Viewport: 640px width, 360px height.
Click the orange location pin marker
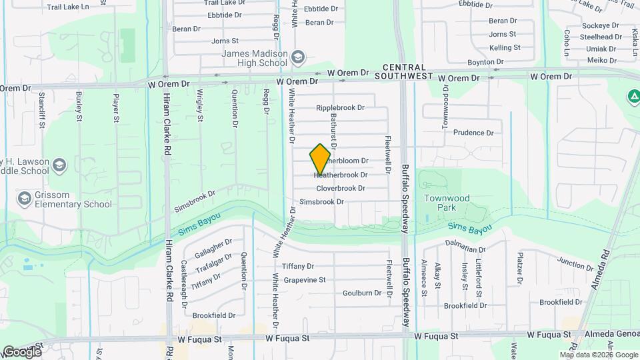click(321, 159)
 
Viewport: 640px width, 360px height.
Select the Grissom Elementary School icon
click(25, 199)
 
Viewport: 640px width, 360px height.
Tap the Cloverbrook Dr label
click(341, 189)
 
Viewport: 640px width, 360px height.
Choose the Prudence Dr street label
click(473, 133)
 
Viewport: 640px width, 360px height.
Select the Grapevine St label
click(304, 280)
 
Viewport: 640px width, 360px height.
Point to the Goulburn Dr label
click(362, 293)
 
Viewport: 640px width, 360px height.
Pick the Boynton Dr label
click(485, 62)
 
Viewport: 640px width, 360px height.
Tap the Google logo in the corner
click(21, 351)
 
